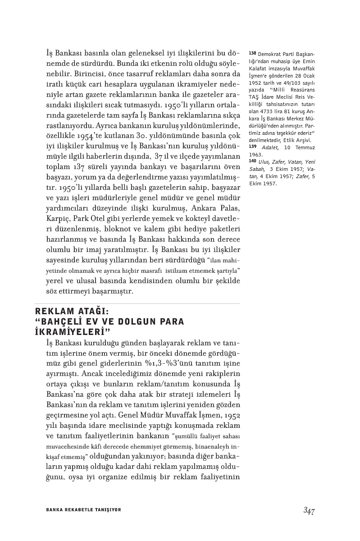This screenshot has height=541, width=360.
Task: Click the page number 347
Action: (309, 510)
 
